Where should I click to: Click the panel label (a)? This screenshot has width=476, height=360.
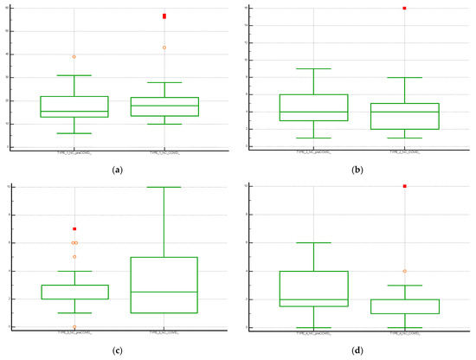point(115,170)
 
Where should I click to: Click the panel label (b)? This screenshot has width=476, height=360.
point(356,170)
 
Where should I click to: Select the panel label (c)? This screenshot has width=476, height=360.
point(115,350)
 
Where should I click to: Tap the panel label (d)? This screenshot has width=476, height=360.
point(356,350)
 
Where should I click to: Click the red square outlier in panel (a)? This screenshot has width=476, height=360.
point(164,16)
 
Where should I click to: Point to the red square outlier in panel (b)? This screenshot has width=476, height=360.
point(404,8)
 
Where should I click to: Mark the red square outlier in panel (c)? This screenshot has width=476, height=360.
point(74,228)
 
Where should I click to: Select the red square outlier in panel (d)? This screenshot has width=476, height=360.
point(404,186)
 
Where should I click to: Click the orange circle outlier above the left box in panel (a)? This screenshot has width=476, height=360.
point(74,57)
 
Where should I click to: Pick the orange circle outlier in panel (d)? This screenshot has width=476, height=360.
point(404,271)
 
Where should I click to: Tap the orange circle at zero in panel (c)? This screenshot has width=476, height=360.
point(74,326)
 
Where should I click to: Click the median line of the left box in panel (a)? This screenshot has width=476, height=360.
point(74,112)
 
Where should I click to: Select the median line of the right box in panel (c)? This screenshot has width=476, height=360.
point(164,292)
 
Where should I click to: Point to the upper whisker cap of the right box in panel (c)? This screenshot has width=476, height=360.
point(164,187)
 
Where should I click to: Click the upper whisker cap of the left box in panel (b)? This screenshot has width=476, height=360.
point(314,68)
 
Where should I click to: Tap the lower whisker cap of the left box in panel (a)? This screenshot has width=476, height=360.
point(74,133)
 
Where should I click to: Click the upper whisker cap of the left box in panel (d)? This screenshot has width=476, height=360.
point(314,243)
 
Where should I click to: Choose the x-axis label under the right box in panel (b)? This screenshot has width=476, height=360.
point(404,153)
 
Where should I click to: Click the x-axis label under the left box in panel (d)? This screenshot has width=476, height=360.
point(314,334)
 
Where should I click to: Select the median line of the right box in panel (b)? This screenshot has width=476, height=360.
point(404,112)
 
